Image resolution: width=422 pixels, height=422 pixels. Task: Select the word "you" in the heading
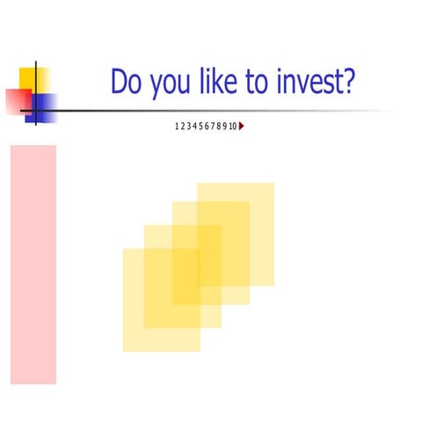[x=167, y=84]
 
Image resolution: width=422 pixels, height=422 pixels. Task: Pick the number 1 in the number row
[x=178, y=127]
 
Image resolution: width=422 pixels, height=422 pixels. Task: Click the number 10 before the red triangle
[x=233, y=127]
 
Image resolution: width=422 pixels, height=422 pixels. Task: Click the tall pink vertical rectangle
[x=33, y=264]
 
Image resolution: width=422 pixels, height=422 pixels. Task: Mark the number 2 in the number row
[x=184, y=127]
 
